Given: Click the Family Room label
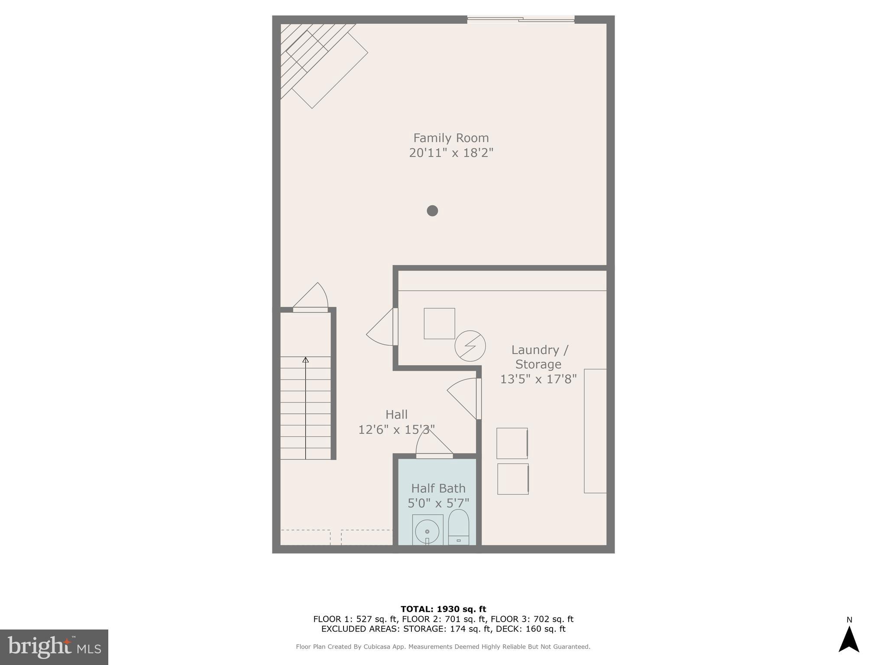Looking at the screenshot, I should pos(451,138).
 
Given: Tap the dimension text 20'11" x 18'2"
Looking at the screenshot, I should pos(451,153).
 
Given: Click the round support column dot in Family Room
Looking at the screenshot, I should pos(432,211).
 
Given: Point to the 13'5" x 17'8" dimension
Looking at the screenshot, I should pos(538,379).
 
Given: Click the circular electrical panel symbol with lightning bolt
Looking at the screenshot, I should pos(470,346).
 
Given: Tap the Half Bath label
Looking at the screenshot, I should pos(438,488).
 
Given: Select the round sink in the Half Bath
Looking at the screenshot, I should pos(427,531).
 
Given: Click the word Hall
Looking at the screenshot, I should pos(396,415).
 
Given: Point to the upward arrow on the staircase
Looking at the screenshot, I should pos(306,360).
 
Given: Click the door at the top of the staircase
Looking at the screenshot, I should pos(311,309).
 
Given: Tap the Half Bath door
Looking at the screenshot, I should pos(434,455).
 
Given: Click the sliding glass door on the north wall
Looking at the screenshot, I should pos(521,19).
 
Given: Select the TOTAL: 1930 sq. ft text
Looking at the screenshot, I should pos(443,609).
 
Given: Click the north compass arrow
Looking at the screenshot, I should pos(848,639).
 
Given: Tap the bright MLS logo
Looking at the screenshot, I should pos(54,647).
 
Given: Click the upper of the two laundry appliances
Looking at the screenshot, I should pos(512,443).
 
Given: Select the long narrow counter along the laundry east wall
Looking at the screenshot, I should pos(595,431).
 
